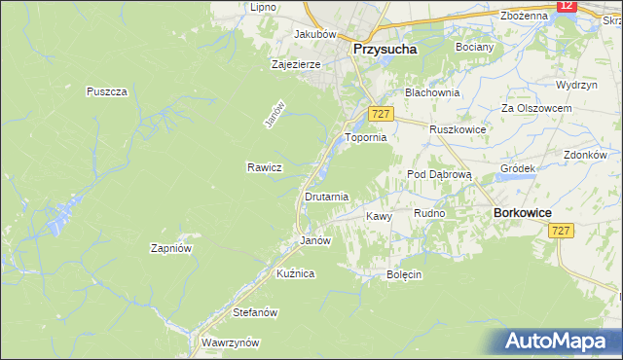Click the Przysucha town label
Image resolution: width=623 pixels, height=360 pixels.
click(385, 48)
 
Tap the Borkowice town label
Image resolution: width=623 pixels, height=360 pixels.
click(524, 212)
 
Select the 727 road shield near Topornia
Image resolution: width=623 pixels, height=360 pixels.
click(381, 115)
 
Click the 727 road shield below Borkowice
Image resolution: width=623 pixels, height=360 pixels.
click(560, 231)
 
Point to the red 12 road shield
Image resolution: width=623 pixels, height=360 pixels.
click(568, 6)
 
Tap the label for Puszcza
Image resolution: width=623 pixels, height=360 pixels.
click(107, 91)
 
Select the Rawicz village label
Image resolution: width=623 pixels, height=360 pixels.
click(264, 167)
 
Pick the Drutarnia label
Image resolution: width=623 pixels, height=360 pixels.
click(326, 197)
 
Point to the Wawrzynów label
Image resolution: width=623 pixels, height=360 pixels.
click(230, 342)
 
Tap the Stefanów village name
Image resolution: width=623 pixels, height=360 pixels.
click(256, 312)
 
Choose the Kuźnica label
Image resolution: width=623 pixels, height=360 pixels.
click(295, 274)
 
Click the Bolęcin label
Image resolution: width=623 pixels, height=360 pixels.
click(403, 274)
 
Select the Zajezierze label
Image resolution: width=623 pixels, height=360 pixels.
click(296, 65)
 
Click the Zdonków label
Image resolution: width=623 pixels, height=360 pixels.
click(585, 155)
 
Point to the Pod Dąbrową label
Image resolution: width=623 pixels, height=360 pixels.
click(439, 173)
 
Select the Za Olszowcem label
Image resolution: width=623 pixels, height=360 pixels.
click(535, 107)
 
